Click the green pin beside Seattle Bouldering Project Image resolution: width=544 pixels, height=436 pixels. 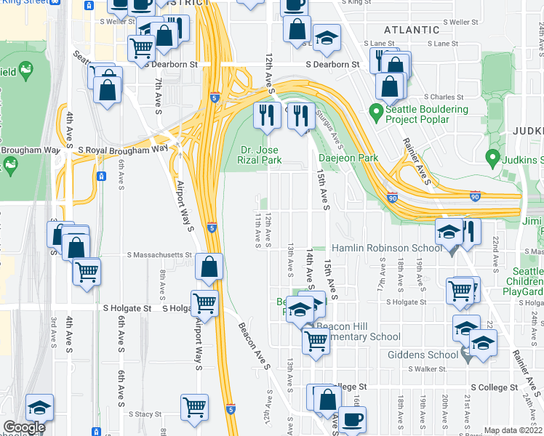pyautogui.click(x=376, y=112)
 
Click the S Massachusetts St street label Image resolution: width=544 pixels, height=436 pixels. pyautogui.click(x=159, y=256)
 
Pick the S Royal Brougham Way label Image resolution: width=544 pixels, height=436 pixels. pyautogui.click(x=123, y=150)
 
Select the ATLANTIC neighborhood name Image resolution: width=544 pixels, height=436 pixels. pyautogui.click(x=412, y=30)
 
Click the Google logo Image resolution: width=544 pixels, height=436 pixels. pyautogui.click(x=24, y=427)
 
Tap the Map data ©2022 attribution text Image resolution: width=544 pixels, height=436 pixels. pyautogui.click(x=513, y=430)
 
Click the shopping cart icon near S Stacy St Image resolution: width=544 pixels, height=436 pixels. pyautogui.click(x=195, y=407)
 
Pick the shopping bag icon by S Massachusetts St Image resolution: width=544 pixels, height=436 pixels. pyautogui.click(x=209, y=267)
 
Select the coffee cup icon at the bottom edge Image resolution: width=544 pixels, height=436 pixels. pyautogui.click(x=353, y=419)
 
